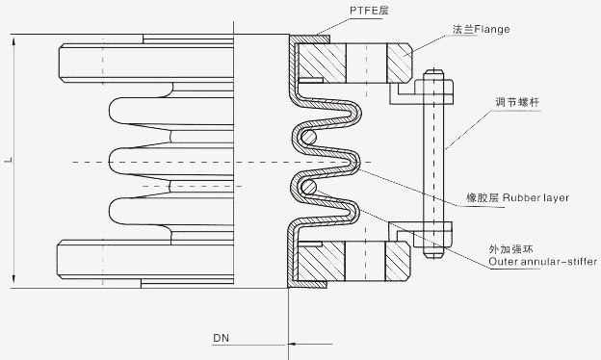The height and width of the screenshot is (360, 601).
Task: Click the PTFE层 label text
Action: coord(369,11)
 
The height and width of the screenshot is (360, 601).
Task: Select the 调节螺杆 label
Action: coord(517,102)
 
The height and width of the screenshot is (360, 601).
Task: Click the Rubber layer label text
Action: coord(536,197)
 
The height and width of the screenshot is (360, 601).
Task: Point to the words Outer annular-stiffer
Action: coord(543,262)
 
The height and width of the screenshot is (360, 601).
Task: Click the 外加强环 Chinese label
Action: coord(510,249)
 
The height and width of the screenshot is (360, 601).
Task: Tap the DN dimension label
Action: coord(222,338)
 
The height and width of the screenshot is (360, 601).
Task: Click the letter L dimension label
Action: coord(9,160)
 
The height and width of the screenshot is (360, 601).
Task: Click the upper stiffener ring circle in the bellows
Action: coord(308,137)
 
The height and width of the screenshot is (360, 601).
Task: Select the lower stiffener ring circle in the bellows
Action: coord(308,188)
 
